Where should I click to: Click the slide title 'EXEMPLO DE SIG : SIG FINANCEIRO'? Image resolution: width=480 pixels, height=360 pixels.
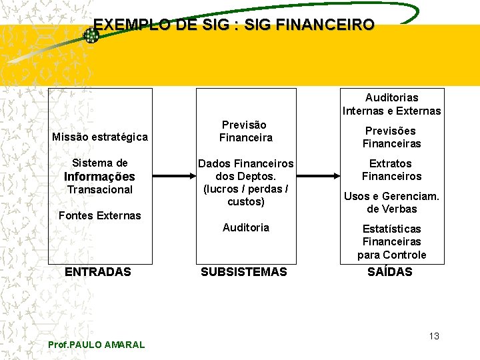[x=234, y=25]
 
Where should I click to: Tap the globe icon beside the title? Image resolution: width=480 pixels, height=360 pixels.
[x=91, y=35]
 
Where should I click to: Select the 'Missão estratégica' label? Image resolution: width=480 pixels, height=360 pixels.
[x=100, y=137]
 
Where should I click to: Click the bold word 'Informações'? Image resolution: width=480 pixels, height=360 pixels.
[x=99, y=177]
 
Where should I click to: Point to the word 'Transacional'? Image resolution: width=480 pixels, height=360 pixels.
[x=100, y=189]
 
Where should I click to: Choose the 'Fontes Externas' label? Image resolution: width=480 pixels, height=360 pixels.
[x=100, y=215]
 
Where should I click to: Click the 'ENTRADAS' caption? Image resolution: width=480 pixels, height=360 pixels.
[x=97, y=272]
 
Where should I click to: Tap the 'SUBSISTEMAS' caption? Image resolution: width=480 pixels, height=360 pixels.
[x=244, y=272]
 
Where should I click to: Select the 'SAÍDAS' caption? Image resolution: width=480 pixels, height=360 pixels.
[x=390, y=272]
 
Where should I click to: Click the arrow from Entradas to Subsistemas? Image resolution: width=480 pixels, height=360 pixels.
[x=173, y=177]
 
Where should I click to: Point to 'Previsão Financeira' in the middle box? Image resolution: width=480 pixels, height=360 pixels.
[x=245, y=131]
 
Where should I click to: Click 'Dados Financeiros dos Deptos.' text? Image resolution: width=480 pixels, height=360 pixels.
[x=245, y=176]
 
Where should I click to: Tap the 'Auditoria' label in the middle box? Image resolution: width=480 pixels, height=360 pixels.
[x=246, y=227]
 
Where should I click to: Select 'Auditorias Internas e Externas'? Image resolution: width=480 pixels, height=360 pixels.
[x=392, y=104]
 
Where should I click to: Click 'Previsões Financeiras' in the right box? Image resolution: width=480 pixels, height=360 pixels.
[x=392, y=137]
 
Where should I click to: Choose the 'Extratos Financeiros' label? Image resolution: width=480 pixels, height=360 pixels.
[x=392, y=170]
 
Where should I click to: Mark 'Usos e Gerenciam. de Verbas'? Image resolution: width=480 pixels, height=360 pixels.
[x=392, y=203]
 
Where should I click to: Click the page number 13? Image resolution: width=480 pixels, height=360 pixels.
[x=434, y=336]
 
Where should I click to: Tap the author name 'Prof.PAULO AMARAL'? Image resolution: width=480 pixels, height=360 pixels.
[x=97, y=345]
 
